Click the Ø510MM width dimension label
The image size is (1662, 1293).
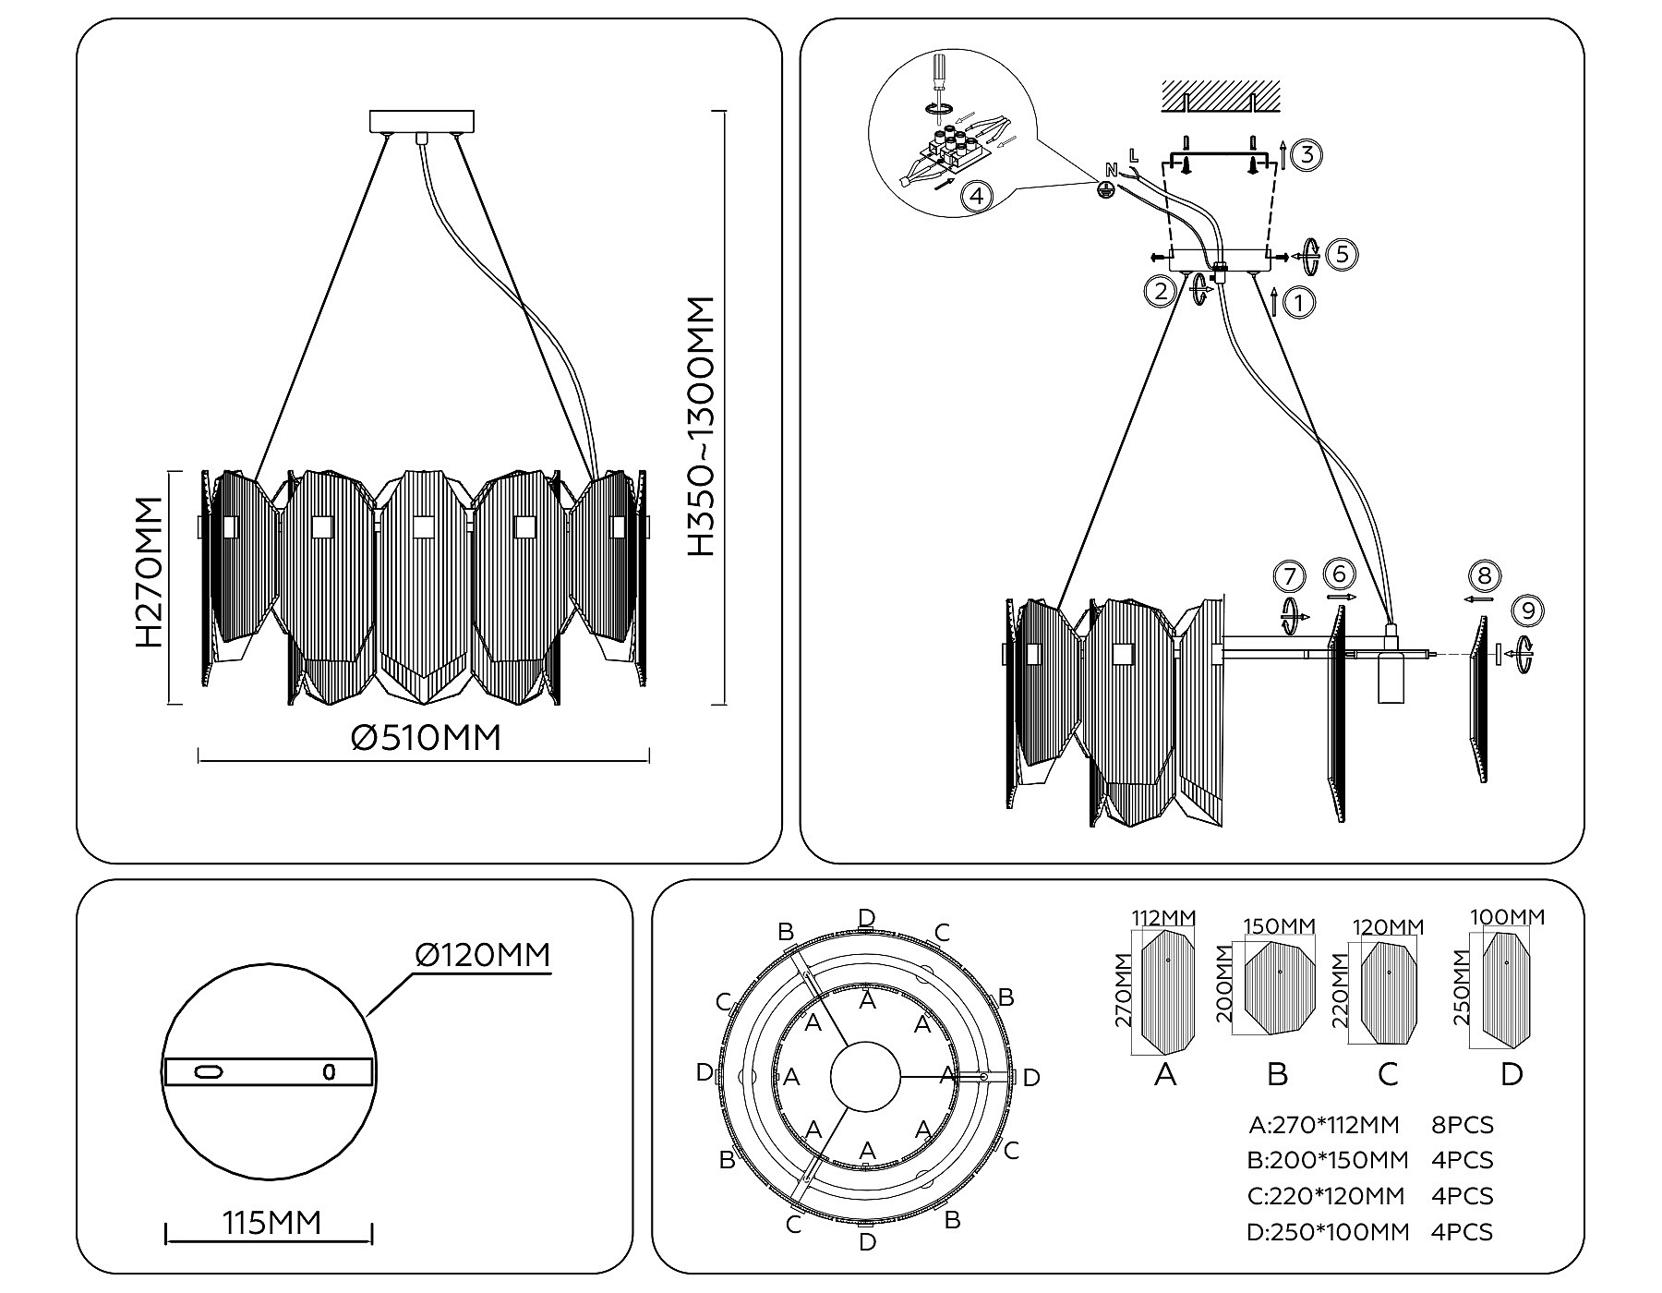click(x=427, y=738)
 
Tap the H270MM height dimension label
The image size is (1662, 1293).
click(x=150, y=572)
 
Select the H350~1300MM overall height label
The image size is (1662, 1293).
click(x=702, y=427)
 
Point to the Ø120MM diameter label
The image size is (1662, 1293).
click(x=482, y=954)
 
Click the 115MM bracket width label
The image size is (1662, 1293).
click(x=271, y=1223)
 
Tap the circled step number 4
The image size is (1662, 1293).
click(x=976, y=196)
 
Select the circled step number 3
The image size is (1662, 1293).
click(x=1306, y=154)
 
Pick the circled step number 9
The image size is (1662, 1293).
click(x=1528, y=611)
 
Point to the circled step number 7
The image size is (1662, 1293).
click(x=1289, y=576)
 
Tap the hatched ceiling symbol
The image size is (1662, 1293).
click(x=1221, y=96)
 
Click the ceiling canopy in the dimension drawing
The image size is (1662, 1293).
click(x=422, y=121)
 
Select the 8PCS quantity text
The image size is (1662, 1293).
click(x=1462, y=1126)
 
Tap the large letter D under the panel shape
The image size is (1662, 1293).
click(x=1511, y=1075)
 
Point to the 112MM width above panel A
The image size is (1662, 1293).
click(x=1163, y=918)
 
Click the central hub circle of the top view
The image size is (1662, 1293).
click(x=865, y=1077)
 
